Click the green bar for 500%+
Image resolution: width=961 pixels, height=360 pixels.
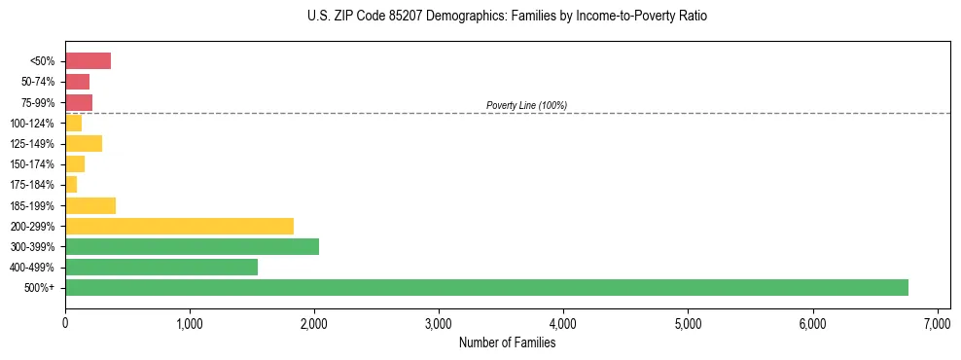coord(486,287)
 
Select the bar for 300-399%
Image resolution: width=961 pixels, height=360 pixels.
coord(192,246)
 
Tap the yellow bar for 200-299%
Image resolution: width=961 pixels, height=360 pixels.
coord(179,226)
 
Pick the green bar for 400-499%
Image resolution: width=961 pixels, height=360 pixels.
coord(161,267)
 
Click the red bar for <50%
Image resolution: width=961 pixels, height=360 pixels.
coord(88,61)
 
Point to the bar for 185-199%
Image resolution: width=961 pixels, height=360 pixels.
coord(90,205)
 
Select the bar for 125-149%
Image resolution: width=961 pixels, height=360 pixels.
coord(84,144)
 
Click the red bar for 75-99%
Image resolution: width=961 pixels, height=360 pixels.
coord(79,102)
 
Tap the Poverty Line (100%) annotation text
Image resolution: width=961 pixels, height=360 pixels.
coord(526,105)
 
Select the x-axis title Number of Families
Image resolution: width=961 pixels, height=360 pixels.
coord(507,342)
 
